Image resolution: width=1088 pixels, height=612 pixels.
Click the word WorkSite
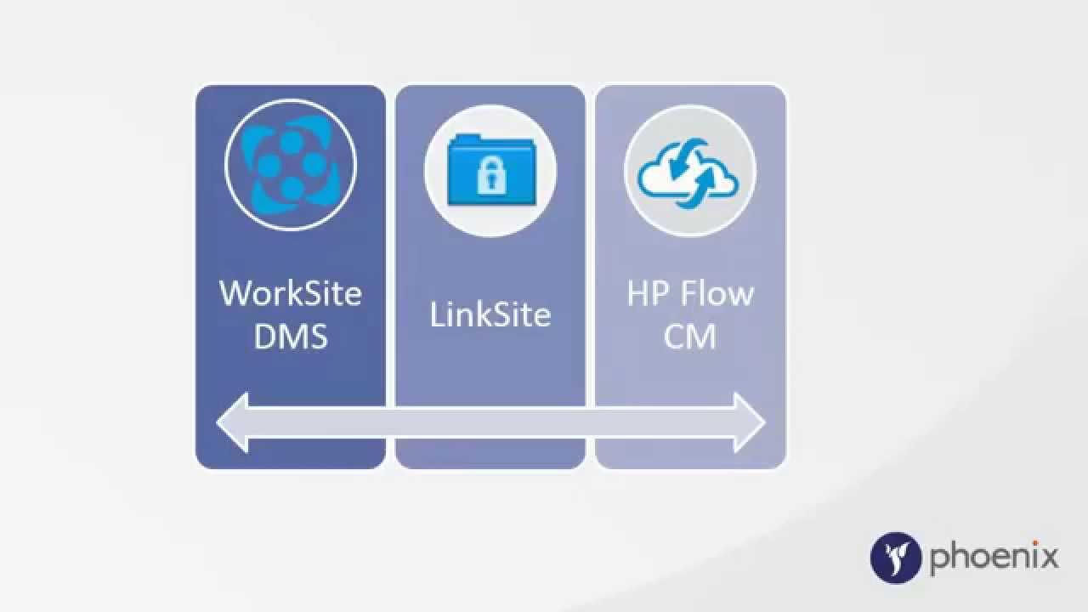pyautogui.click(x=291, y=293)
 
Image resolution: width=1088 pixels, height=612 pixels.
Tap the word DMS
pyautogui.click(x=291, y=337)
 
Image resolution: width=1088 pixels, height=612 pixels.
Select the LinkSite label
pyautogui.click(x=490, y=315)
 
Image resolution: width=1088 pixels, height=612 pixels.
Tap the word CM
pyautogui.click(x=689, y=337)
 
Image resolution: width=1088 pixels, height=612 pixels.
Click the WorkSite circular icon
pyautogui.click(x=291, y=166)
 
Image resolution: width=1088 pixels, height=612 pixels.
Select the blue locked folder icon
pyautogui.click(x=490, y=169)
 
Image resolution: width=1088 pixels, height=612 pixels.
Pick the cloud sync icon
pyautogui.click(x=689, y=171)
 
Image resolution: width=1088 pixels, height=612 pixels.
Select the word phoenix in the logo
pyautogui.click(x=994, y=558)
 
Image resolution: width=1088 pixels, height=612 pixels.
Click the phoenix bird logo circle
pyautogui.click(x=896, y=558)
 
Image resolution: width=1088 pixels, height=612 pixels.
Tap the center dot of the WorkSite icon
pyautogui.click(x=291, y=166)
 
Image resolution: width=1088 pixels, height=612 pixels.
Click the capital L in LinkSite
pyautogui.click(x=437, y=315)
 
